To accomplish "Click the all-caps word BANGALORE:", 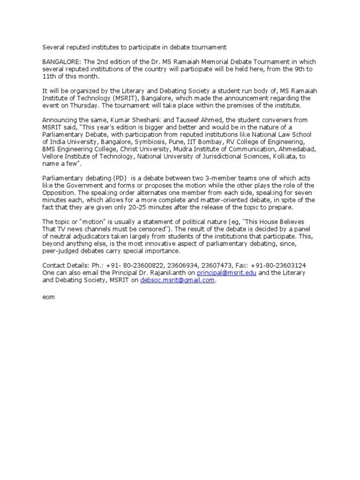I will click(60, 62).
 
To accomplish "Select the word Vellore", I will click(53, 157).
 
